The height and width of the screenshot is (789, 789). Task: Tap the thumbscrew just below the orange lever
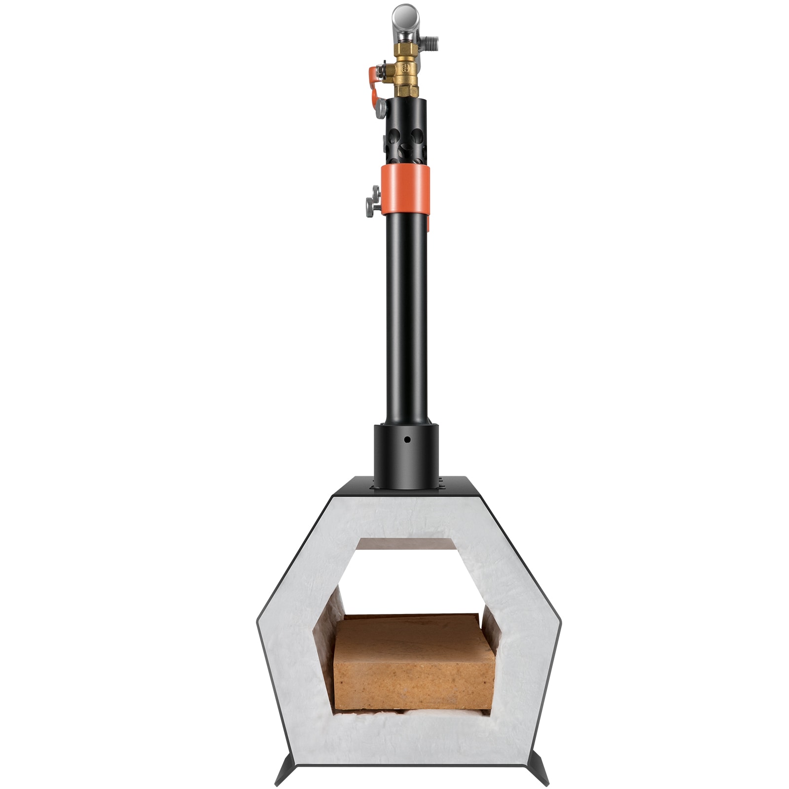coord(381,108)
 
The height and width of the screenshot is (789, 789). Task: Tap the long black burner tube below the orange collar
coord(405,321)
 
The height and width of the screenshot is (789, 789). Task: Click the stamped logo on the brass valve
coord(405,68)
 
